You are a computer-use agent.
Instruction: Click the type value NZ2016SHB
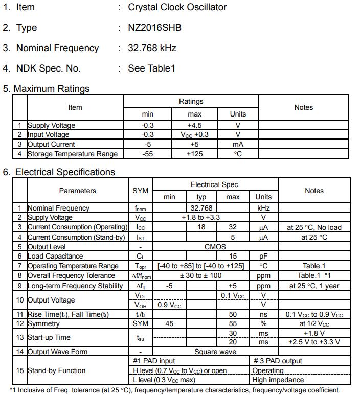tap(154, 28)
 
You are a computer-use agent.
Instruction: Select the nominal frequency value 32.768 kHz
tap(152, 48)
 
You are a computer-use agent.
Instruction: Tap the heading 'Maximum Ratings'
tap(51, 88)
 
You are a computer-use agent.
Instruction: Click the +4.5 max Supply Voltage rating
tap(194, 125)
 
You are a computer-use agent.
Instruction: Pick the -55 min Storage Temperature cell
tap(147, 154)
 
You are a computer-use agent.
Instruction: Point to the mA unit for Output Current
tap(238, 144)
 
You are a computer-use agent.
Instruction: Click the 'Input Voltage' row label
tap(48, 134)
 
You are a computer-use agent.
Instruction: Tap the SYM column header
tap(140, 191)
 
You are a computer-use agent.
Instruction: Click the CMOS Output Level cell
tap(215, 246)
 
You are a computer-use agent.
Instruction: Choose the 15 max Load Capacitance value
tap(233, 256)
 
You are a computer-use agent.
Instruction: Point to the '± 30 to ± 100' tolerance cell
tap(200, 275)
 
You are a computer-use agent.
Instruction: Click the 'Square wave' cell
tap(215, 352)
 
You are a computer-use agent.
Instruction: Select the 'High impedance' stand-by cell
tap(278, 380)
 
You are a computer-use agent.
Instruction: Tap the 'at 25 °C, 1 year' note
tap(314, 286)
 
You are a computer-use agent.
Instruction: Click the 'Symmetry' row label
tap(43, 323)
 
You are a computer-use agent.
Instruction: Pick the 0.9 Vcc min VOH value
tap(169, 305)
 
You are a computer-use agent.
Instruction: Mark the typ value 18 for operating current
tap(201, 227)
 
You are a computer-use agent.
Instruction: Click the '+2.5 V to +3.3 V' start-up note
tap(314, 342)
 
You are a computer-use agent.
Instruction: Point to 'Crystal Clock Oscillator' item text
tap(177, 7)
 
